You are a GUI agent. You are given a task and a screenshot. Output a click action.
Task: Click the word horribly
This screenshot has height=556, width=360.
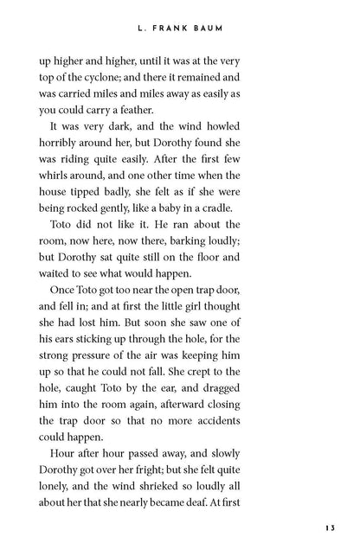point(61,157)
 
